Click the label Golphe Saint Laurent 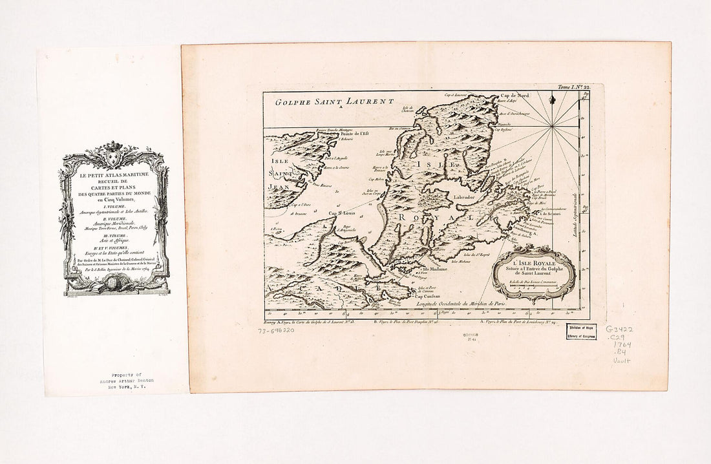[334, 101]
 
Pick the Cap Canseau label [428, 297]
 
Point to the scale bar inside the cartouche [533, 285]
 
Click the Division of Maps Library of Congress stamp [582, 331]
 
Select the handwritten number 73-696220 [276, 330]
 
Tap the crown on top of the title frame [113, 147]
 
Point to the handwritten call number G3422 [619, 329]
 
